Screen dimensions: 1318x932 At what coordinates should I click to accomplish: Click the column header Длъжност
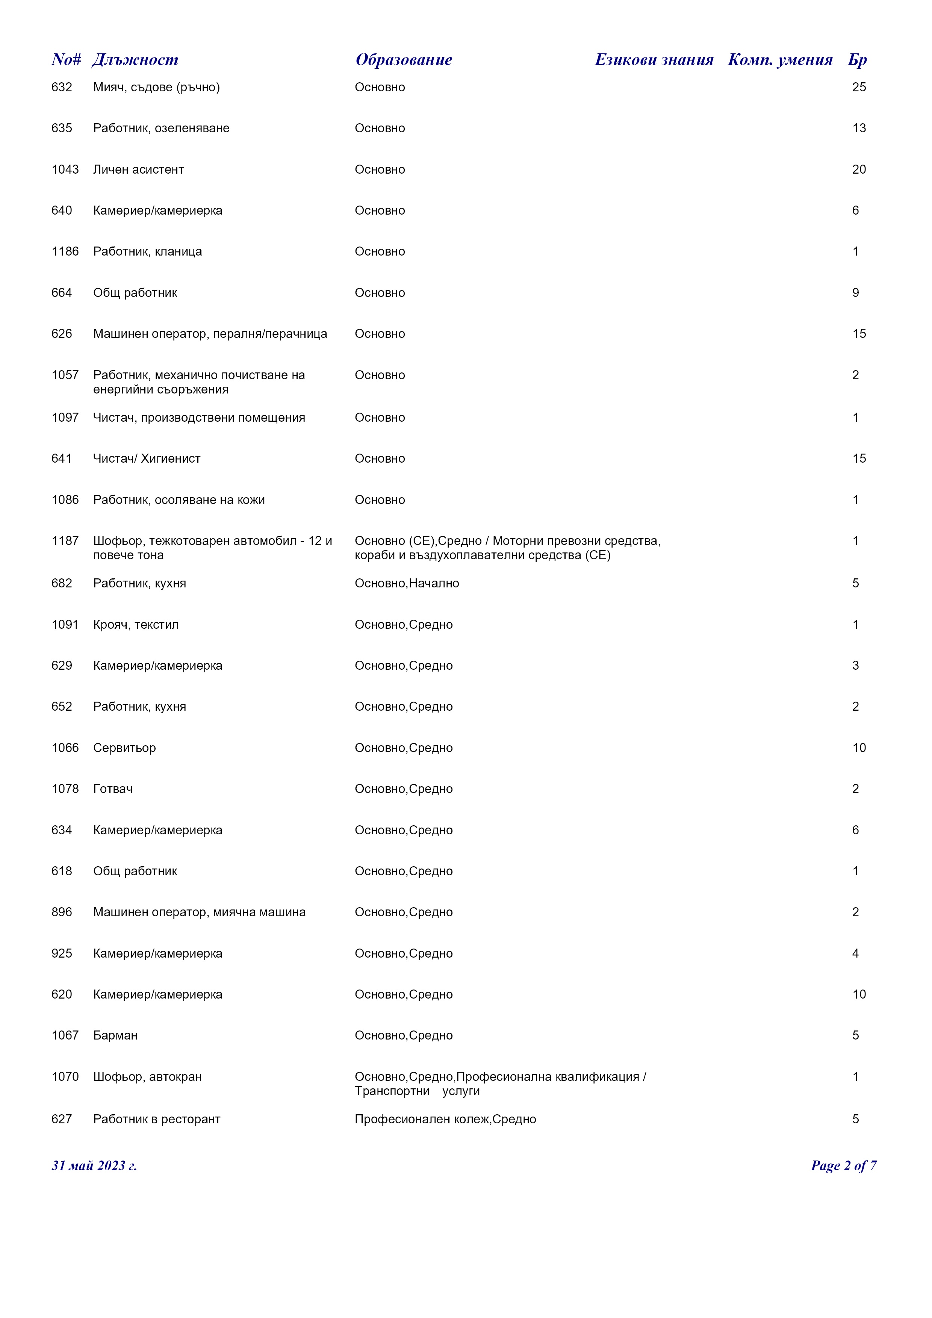coord(135,60)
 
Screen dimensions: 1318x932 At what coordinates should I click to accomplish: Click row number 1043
coord(65,169)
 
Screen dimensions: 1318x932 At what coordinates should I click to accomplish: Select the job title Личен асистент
coord(138,169)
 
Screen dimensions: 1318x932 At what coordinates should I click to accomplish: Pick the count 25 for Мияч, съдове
coord(859,87)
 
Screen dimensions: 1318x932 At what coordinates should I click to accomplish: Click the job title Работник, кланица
coord(147,251)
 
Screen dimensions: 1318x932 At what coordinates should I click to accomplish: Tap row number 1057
coord(65,375)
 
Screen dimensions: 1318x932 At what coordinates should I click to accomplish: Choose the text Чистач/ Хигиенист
coord(147,459)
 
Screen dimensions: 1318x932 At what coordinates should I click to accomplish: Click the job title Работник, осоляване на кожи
coord(179,500)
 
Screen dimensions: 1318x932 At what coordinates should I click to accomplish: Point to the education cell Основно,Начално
coord(407,583)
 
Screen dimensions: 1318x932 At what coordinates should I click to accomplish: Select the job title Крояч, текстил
coord(136,625)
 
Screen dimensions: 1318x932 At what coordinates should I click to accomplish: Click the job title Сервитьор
coord(124,748)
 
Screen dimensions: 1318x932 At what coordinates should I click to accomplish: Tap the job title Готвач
coord(113,789)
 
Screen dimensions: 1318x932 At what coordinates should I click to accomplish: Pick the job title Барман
coord(115,1036)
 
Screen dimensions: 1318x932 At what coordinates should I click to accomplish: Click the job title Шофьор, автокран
coord(147,1077)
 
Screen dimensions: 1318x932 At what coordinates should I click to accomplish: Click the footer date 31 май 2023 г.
coord(94,1166)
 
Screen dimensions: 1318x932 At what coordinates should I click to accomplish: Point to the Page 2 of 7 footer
coord(843,1166)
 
